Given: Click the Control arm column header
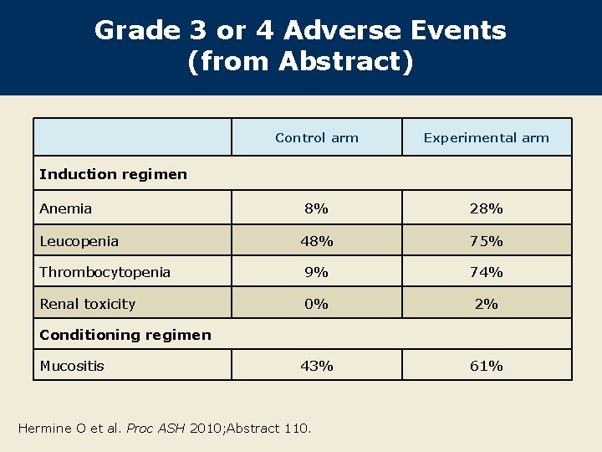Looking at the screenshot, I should point(317,138).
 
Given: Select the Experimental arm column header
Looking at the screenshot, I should point(486,138).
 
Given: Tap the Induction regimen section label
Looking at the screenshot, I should point(113,174).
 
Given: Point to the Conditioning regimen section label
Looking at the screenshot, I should point(125,335).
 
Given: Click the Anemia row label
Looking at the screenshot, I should point(66,208).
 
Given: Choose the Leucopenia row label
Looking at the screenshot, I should point(79,241).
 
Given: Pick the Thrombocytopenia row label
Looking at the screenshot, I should point(105,272).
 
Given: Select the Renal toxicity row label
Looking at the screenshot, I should point(88,304).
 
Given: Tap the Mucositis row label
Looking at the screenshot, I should point(72,366).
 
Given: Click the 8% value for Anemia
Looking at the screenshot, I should point(317,208).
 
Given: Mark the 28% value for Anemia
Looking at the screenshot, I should point(486,208).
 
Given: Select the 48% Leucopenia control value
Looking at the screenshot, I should point(317,241).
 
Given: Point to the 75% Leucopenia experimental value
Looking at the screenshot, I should point(486,241).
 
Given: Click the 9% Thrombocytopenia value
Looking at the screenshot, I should point(317,272).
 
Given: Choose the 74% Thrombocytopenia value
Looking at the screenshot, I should point(486,272).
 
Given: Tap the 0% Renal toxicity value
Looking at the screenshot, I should point(317,304).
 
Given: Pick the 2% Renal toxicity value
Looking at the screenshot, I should point(486,304).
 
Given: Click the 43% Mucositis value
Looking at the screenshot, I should point(317,366).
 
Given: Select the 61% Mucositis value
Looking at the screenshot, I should point(486,366).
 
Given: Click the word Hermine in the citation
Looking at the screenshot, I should point(45,429).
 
